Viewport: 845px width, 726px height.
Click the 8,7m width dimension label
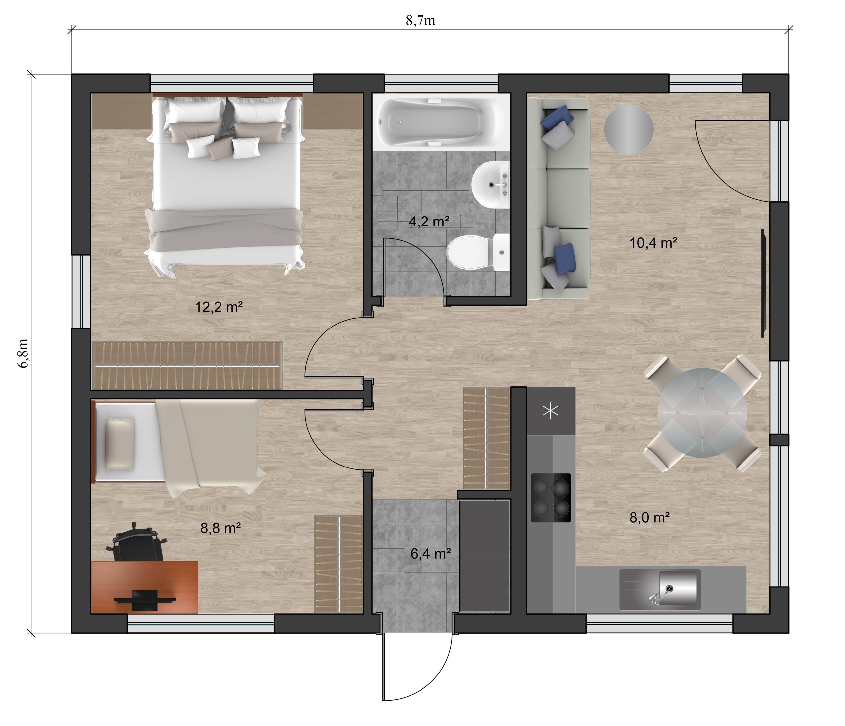pyautogui.click(x=421, y=20)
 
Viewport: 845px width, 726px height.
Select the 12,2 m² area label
pyautogui.click(x=219, y=307)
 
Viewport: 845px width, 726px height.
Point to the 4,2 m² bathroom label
pyautogui.click(x=429, y=222)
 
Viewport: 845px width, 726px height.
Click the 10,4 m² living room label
pyautogui.click(x=653, y=243)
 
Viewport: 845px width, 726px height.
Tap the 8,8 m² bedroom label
pyautogui.click(x=220, y=528)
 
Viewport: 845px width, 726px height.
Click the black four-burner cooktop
pyautogui.click(x=551, y=498)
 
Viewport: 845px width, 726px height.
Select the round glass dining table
pyautogui.click(x=702, y=412)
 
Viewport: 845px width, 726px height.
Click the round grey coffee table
pyautogui.click(x=628, y=129)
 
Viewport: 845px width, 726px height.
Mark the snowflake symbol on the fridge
pyautogui.click(x=551, y=411)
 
